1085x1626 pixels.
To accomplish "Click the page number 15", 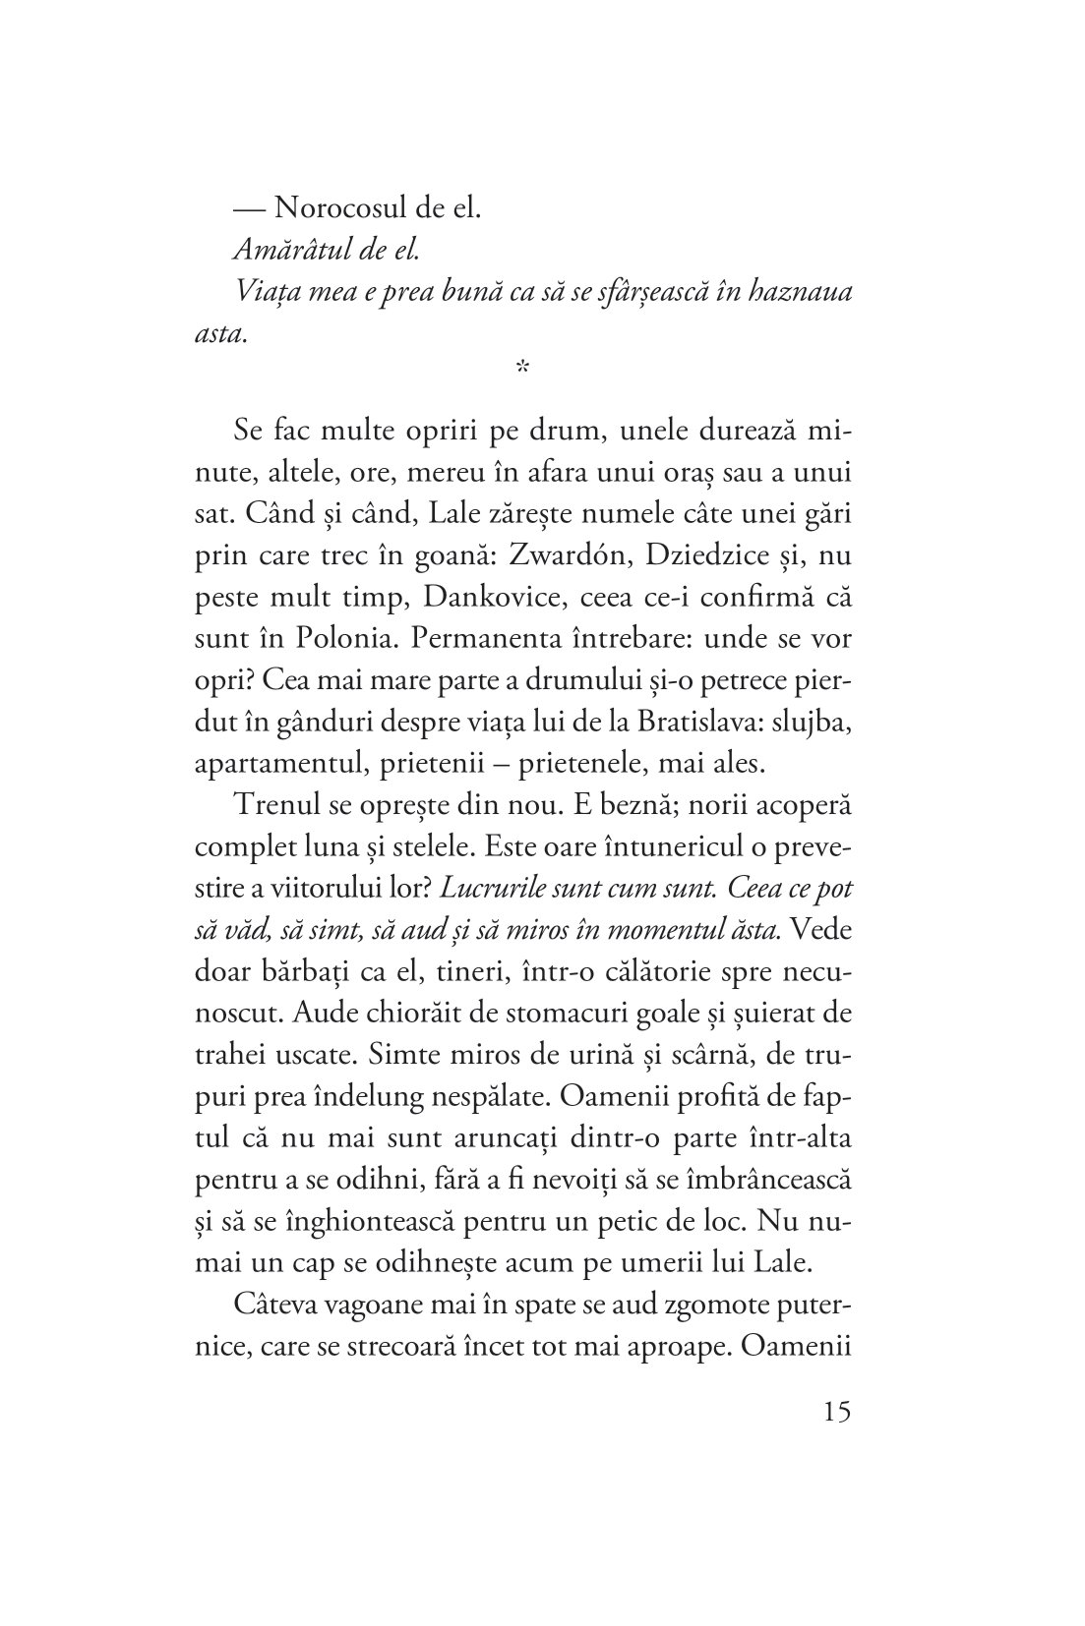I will pyautogui.click(x=832, y=1414).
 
